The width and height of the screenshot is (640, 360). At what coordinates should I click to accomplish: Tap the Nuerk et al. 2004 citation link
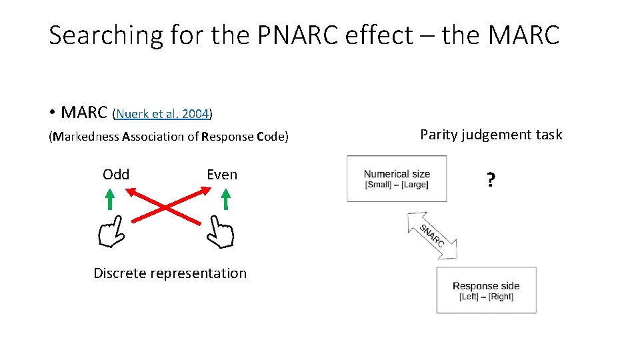tap(163, 114)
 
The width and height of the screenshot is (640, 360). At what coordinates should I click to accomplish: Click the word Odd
tap(116, 175)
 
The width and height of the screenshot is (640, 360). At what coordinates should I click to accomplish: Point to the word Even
tap(222, 175)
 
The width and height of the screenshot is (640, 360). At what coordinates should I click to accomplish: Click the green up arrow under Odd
tap(110, 199)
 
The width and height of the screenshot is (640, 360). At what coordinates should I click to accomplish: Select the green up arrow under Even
tap(225, 199)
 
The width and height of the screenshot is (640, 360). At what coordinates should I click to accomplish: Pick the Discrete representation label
tap(170, 273)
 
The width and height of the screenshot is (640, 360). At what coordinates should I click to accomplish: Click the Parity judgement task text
tap(491, 135)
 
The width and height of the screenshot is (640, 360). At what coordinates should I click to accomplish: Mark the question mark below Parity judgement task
tap(491, 180)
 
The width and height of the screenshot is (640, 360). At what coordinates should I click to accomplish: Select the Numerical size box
tap(397, 179)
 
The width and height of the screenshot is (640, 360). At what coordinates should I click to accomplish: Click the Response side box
tap(486, 291)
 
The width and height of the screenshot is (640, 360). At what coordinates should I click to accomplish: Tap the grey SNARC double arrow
tap(432, 235)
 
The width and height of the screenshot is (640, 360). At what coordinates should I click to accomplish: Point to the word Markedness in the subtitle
tap(87, 137)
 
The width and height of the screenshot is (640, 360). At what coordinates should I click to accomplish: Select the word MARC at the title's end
tap(523, 35)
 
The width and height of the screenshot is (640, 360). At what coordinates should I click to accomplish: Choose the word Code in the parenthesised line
tap(267, 137)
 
